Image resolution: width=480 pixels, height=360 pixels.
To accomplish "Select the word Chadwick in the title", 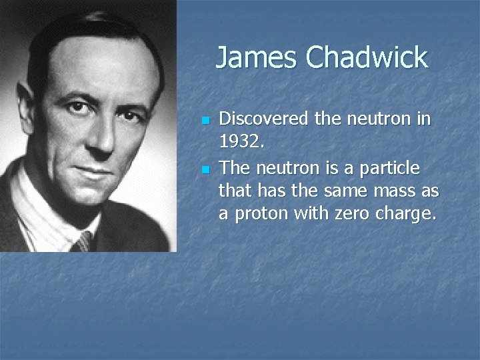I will [367, 57].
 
